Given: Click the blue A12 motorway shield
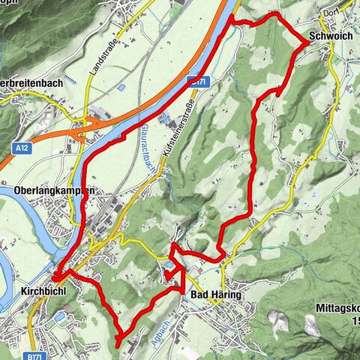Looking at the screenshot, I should pos(25,150).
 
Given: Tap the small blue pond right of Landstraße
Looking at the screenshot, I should pos(121,88).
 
